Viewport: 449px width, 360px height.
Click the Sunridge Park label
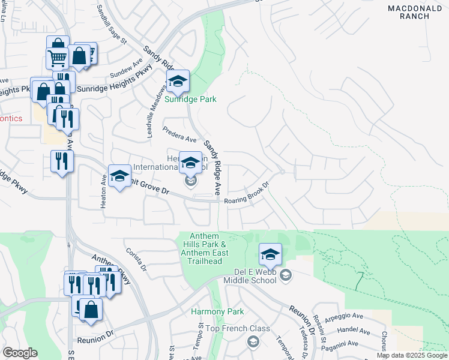tap(191, 99)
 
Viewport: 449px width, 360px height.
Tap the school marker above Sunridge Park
tap(178, 82)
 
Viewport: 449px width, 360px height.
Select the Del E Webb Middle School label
tap(253, 279)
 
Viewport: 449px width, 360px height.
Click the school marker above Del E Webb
tap(270, 254)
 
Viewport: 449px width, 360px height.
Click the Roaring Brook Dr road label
tap(246, 199)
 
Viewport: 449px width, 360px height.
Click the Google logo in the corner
tap(19, 353)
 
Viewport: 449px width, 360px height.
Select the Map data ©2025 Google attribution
tap(412, 355)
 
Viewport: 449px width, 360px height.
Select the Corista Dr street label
tap(136, 259)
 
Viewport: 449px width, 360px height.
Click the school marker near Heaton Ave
tap(119, 176)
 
